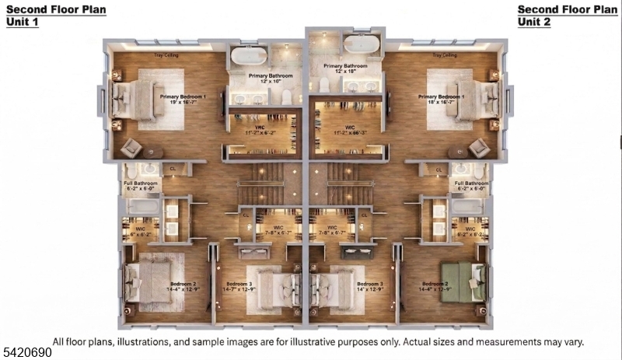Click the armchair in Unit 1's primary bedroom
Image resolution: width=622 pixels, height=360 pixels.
point(131,145)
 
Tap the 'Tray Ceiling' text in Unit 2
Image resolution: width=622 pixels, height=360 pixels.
point(445,56)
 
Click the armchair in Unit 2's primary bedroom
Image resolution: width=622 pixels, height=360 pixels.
point(480,146)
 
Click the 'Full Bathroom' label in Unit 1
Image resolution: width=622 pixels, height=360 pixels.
point(141,183)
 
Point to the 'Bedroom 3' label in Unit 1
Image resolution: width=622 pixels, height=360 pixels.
point(239,284)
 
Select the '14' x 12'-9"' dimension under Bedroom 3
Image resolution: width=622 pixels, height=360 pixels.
point(371,290)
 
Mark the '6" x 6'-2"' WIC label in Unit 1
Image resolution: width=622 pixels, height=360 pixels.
point(141,232)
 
